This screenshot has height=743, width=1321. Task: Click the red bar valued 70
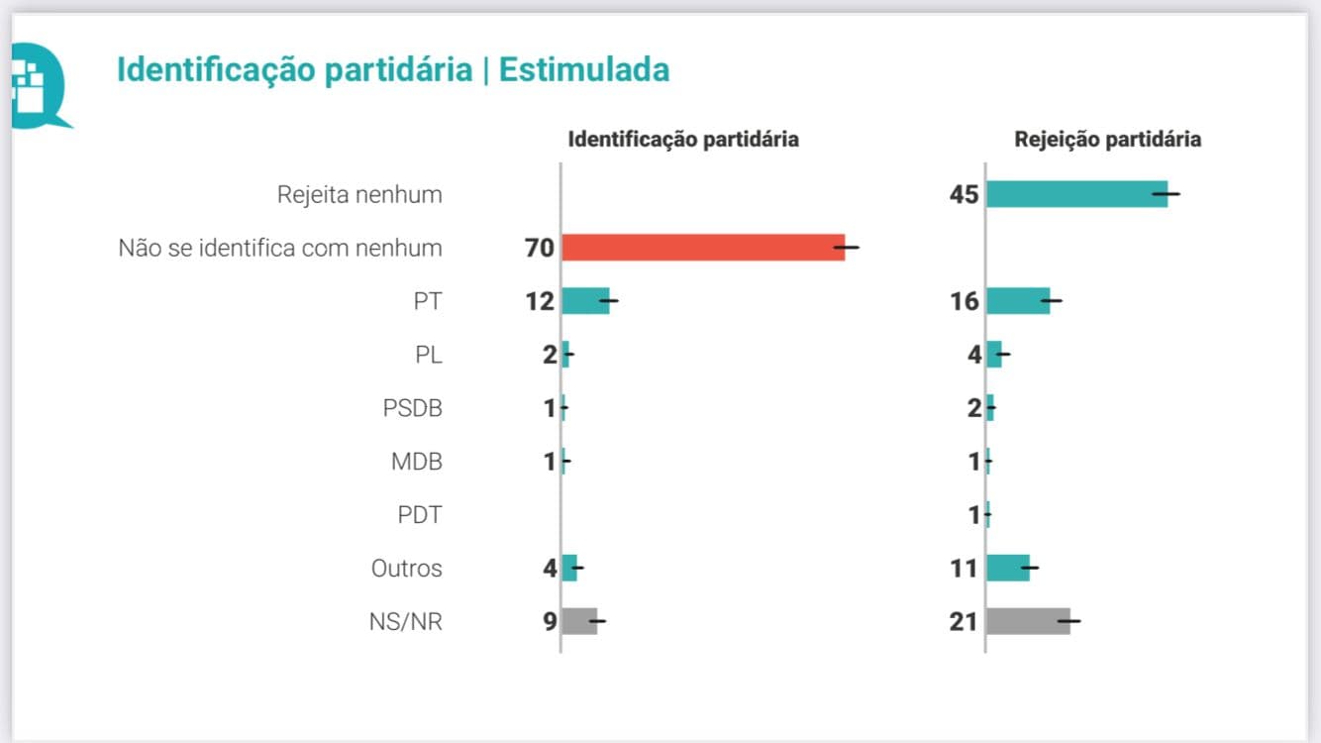[x=703, y=247]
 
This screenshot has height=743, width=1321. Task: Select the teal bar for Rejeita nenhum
[x=1076, y=194]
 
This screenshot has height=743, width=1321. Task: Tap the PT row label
[x=428, y=301]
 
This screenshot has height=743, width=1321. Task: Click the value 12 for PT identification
[x=540, y=301]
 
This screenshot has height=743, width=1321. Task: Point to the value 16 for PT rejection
[x=964, y=301]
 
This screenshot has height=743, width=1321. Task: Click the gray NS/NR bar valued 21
[x=1028, y=621]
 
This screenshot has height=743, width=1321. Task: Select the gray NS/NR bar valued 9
[x=579, y=621]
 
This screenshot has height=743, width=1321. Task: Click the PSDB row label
[x=412, y=408]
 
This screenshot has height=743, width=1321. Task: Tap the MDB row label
[x=416, y=462]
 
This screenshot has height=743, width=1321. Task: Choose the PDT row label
[x=419, y=515]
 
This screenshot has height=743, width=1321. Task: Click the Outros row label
[x=406, y=569]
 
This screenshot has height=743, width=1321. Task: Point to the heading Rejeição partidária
[x=1107, y=140]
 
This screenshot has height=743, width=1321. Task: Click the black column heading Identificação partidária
[x=682, y=140]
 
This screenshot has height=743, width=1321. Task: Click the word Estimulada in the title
[x=583, y=70]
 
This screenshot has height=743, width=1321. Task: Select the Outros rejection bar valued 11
[x=1008, y=568]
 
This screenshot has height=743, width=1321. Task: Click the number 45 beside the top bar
[x=964, y=194]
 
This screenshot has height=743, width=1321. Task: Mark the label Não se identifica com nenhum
[x=280, y=248]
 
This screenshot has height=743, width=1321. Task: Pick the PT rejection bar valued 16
[x=1018, y=300]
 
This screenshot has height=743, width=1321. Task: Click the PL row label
[x=429, y=355]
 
